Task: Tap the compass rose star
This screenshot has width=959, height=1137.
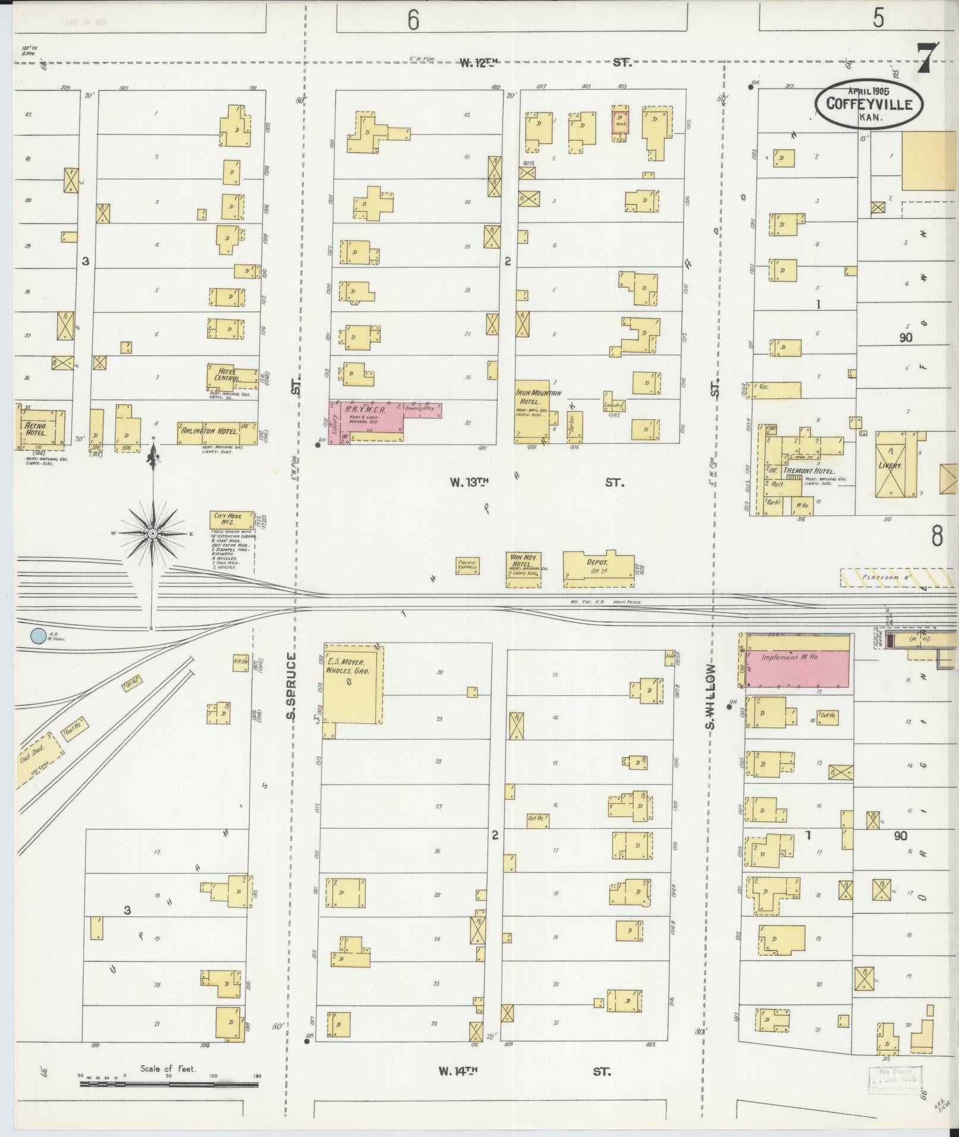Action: [153, 533]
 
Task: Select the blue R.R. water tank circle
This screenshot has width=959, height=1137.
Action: [37, 636]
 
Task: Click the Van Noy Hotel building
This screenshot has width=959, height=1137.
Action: [523, 569]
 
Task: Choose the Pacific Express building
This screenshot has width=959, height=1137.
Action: [467, 565]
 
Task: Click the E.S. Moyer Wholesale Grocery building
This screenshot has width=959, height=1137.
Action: [353, 684]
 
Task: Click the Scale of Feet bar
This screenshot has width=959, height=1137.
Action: [169, 1084]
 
